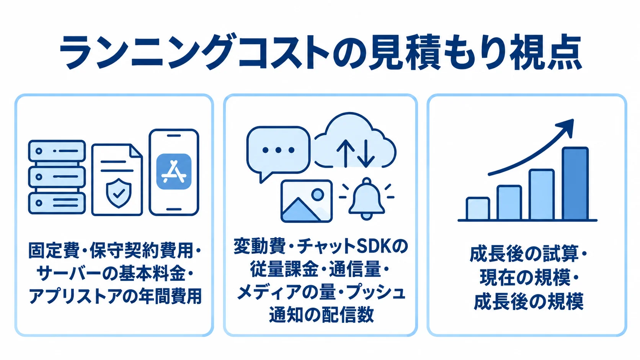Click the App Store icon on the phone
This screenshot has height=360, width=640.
174,171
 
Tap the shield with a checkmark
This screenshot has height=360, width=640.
119,193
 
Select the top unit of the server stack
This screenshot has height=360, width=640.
57,151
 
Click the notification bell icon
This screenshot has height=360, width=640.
367,199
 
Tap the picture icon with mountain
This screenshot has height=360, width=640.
307,201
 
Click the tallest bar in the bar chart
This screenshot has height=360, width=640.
575,183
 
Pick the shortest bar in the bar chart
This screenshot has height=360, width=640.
478,209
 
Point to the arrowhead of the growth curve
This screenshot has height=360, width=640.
566,127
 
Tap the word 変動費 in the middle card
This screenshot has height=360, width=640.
260,246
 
